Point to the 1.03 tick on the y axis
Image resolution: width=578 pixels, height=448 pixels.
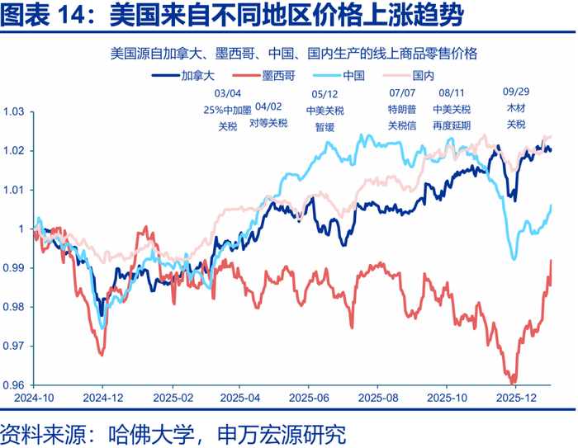[x=14, y=111]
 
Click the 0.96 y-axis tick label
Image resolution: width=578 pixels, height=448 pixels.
[x=14, y=385]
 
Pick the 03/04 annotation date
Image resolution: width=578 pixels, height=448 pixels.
[x=227, y=94]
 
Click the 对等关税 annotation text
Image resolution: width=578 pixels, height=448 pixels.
[x=268, y=123]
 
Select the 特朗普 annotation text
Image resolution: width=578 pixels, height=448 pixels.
[x=401, y=110]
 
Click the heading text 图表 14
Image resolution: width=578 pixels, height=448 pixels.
[x=50, y=16]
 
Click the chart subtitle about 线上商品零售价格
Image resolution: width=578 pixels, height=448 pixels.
[x=293, y=54]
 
